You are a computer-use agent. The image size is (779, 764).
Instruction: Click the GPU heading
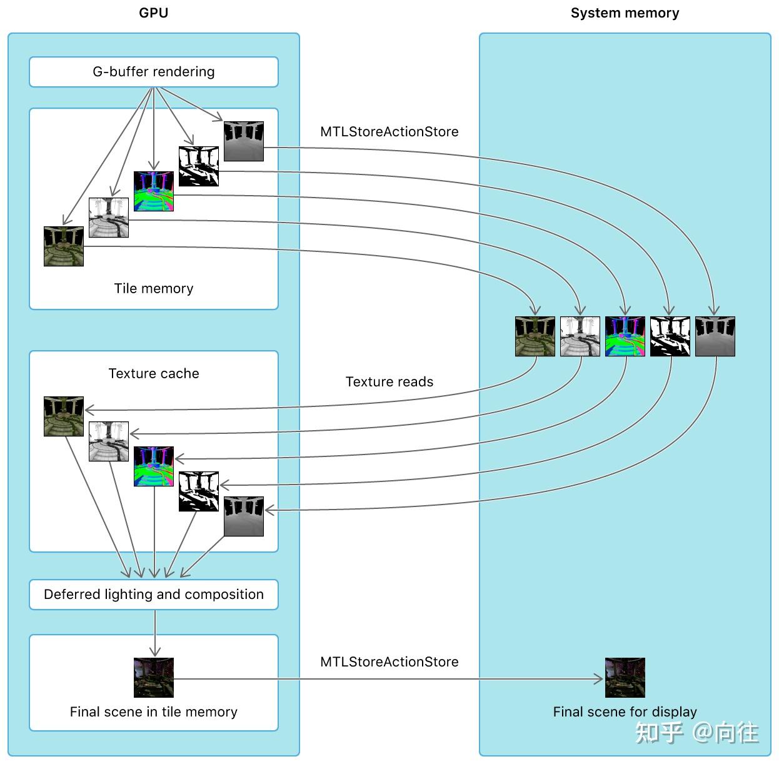(154, 13)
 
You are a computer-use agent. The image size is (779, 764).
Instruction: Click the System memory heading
(625, 13)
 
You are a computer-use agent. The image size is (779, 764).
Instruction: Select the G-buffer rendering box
(154, 72)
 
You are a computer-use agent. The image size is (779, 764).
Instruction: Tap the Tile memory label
(154, 288)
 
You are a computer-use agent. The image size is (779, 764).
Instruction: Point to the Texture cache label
(154, 373)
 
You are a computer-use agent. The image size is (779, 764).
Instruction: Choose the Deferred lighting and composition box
(154, 594)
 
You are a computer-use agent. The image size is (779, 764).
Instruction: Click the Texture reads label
(389, 381)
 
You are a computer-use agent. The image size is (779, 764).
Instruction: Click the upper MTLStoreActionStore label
(389, 131)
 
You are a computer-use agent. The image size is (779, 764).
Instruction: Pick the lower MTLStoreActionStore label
(389, 661)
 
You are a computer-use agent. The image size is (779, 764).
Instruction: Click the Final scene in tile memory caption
(154, 712)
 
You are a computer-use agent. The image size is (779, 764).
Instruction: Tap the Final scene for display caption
(625, 712)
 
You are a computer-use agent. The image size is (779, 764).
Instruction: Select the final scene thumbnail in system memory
(625, 678)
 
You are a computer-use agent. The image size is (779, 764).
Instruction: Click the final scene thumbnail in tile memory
(154, 678)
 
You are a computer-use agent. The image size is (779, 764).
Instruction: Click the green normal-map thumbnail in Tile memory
(154, 191)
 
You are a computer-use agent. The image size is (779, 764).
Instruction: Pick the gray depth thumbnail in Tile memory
(244, 141)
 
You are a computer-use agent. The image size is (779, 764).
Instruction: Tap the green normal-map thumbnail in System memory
(625, 336)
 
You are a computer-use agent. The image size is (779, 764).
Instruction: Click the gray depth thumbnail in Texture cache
(244, 516)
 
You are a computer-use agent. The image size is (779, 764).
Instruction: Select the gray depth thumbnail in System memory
(715, 336)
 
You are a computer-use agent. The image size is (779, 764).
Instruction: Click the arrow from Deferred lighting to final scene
(155, 633)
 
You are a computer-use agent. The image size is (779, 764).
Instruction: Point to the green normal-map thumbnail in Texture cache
(154, 466)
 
